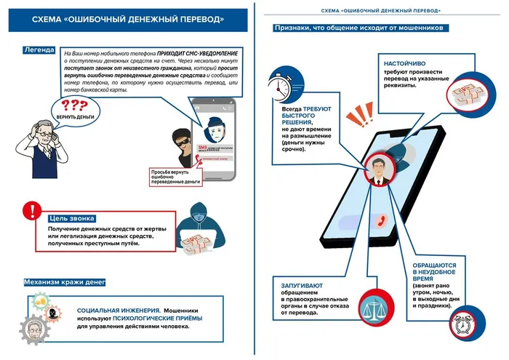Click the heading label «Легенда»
click(39, 50)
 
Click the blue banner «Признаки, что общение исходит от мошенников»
click(361, 28)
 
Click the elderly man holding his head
click(42, 138)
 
